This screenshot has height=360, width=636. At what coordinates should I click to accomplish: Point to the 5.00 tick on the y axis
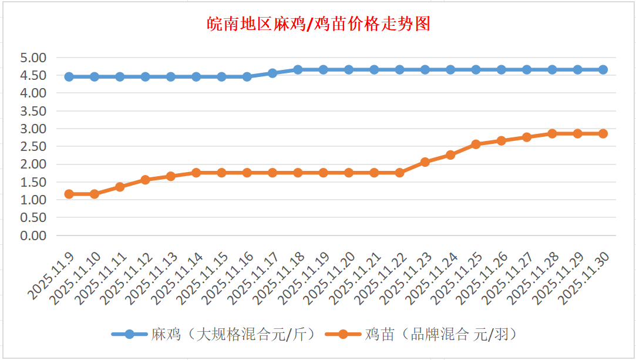(33, 58)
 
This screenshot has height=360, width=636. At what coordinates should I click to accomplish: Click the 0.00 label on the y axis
(33, 235)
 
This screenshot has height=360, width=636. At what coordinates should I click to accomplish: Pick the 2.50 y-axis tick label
(33, 147)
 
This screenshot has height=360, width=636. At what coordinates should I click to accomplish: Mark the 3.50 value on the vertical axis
(33, 111)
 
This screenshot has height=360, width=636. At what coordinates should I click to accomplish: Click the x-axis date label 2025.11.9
(52, 275)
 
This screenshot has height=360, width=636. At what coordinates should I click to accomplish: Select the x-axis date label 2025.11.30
(585, 278)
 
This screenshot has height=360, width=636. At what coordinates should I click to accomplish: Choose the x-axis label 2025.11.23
(407, 278)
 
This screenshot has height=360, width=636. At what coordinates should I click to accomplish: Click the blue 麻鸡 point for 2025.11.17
(272, 73)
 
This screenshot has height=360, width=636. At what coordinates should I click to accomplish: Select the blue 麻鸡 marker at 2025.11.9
(69, 77)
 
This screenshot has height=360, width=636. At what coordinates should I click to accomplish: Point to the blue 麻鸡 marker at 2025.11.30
(603, 70)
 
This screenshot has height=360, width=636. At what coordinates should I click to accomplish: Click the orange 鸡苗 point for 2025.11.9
(69, 194)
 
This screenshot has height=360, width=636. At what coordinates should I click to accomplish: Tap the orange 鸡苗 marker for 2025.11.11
(120, 187)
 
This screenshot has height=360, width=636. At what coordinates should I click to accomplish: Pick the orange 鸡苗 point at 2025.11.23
(425, 162)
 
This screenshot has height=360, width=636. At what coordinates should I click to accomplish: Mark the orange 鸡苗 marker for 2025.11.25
(476, 144)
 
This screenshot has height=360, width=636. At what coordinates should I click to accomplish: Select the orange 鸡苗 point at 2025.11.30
(603, 134)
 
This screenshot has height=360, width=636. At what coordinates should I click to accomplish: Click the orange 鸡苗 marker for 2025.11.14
(196, 173)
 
